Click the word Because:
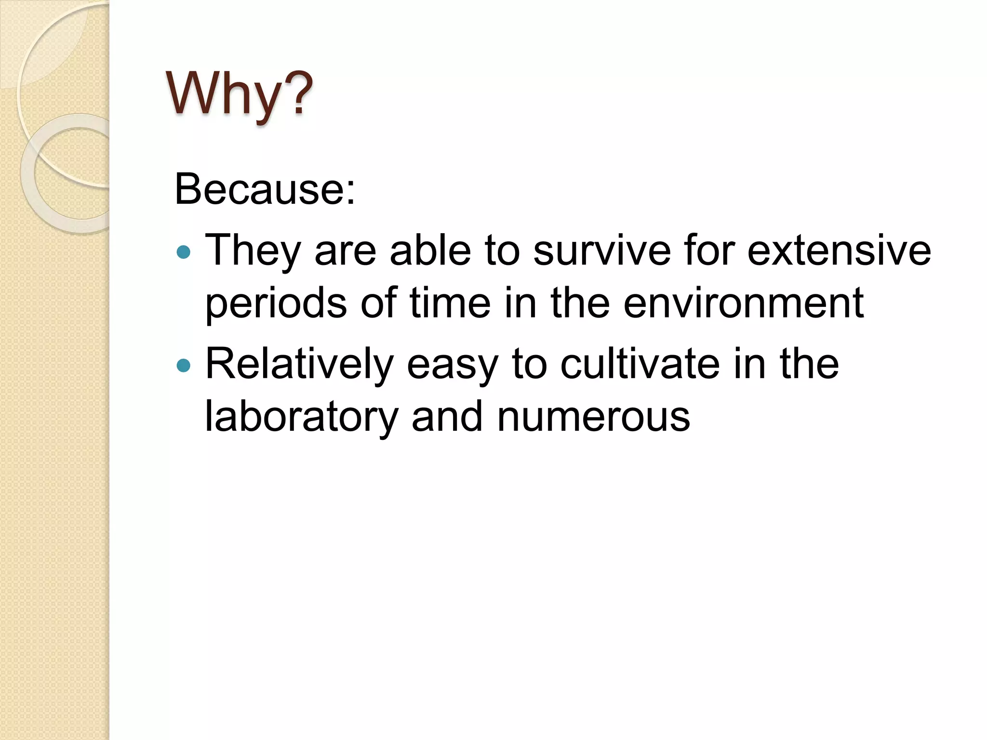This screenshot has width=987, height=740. pyautogui.click(x=265, y=189)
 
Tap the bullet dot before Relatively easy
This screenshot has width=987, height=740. pyautogui.click(x=184, y=365)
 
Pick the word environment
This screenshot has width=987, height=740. pyautogui.click(x=743, y=304)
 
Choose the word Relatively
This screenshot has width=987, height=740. pyautogui.click(x=299, y=365)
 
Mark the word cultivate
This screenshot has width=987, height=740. pyautogui.click(x=640, y=364)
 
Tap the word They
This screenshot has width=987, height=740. pyautogui.click(x=253, y=251)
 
